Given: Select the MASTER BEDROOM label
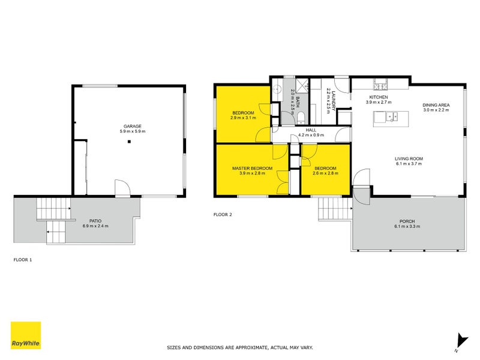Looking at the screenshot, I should [x=252, y=168].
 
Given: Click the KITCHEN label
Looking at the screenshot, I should [x=379, y=97].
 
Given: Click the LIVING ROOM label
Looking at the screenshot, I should [x=410, y=158].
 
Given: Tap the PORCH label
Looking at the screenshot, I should [x=407, y=221].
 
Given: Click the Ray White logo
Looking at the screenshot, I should [x=26, y=336].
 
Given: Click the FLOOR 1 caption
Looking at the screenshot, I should [x=22, y=260].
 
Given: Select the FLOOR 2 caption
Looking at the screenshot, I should [x=223, y=214].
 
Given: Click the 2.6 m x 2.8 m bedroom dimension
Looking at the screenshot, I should [x=325, y=173].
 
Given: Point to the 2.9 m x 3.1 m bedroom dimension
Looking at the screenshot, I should [x=243, y=118].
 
